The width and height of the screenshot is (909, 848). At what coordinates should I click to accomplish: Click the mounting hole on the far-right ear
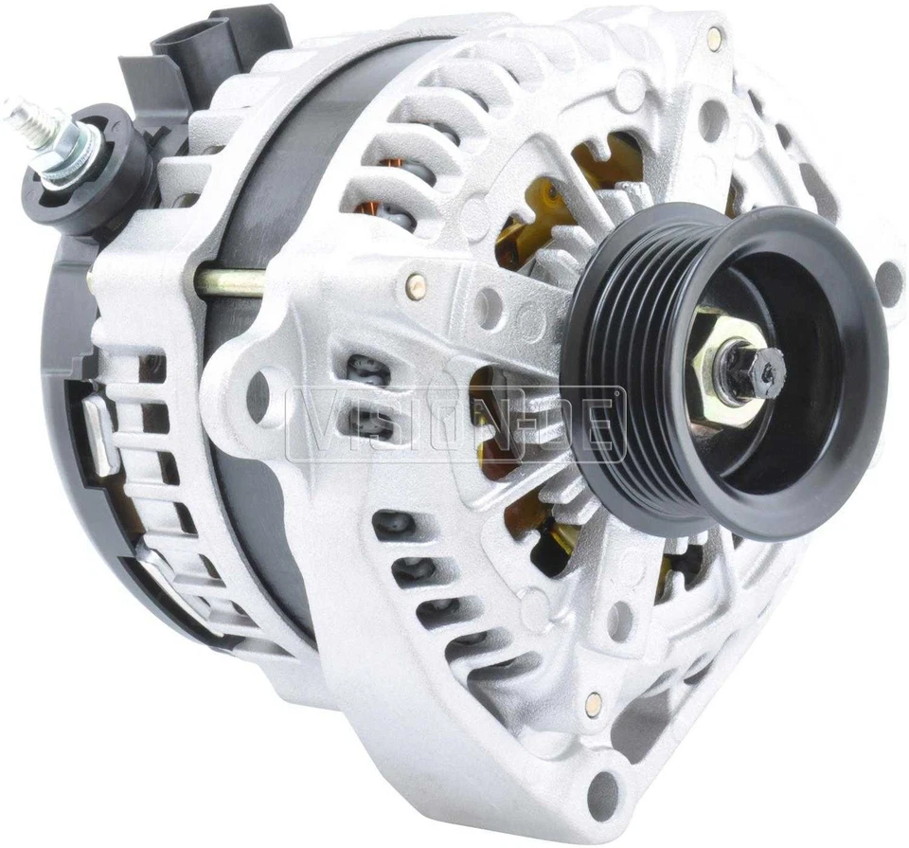coord(887,281)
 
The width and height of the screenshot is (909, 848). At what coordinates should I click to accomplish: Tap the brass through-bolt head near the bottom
coord(593,702)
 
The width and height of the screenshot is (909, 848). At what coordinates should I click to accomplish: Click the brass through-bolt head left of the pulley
coord(416,281)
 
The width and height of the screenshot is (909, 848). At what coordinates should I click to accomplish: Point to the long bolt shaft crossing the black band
coord(227,280)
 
